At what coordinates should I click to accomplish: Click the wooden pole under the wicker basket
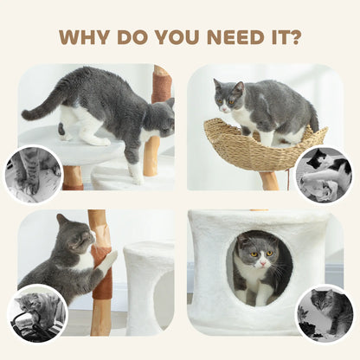[270, 180]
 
